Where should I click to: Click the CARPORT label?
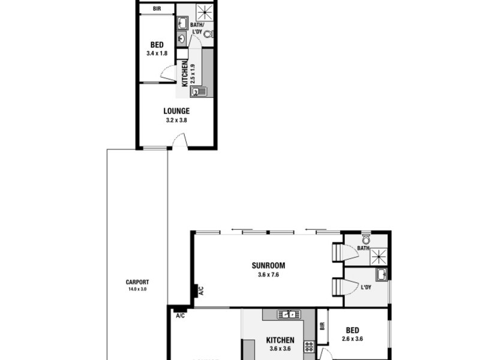click(137, 283)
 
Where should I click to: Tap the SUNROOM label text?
click(268, 266)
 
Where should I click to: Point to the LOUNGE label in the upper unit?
click(176, 111)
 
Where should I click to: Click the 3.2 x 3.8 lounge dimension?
click(176, 120)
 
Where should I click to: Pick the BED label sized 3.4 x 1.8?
click(157, 45)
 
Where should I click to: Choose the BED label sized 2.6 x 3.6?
click(352, 330)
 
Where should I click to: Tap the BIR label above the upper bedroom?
click(157, 9)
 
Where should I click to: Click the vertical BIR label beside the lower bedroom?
click(323, 326)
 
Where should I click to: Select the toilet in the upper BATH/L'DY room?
click(208, 34)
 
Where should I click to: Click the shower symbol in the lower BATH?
click(379, 256)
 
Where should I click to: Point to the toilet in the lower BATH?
click(366, 239)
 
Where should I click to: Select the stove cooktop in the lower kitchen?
click(309, 346)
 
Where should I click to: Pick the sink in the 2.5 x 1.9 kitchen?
click(198, 92)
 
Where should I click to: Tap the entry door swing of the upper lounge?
click(180, 142)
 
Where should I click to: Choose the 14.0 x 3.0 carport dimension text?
click(137, 289)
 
